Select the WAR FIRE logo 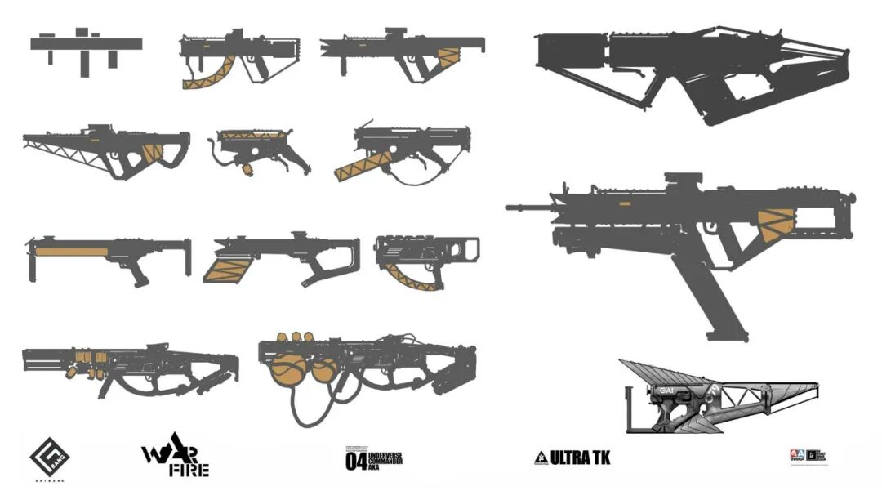click(x=176, y=460)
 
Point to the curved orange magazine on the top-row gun click(x=209, y=76)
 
